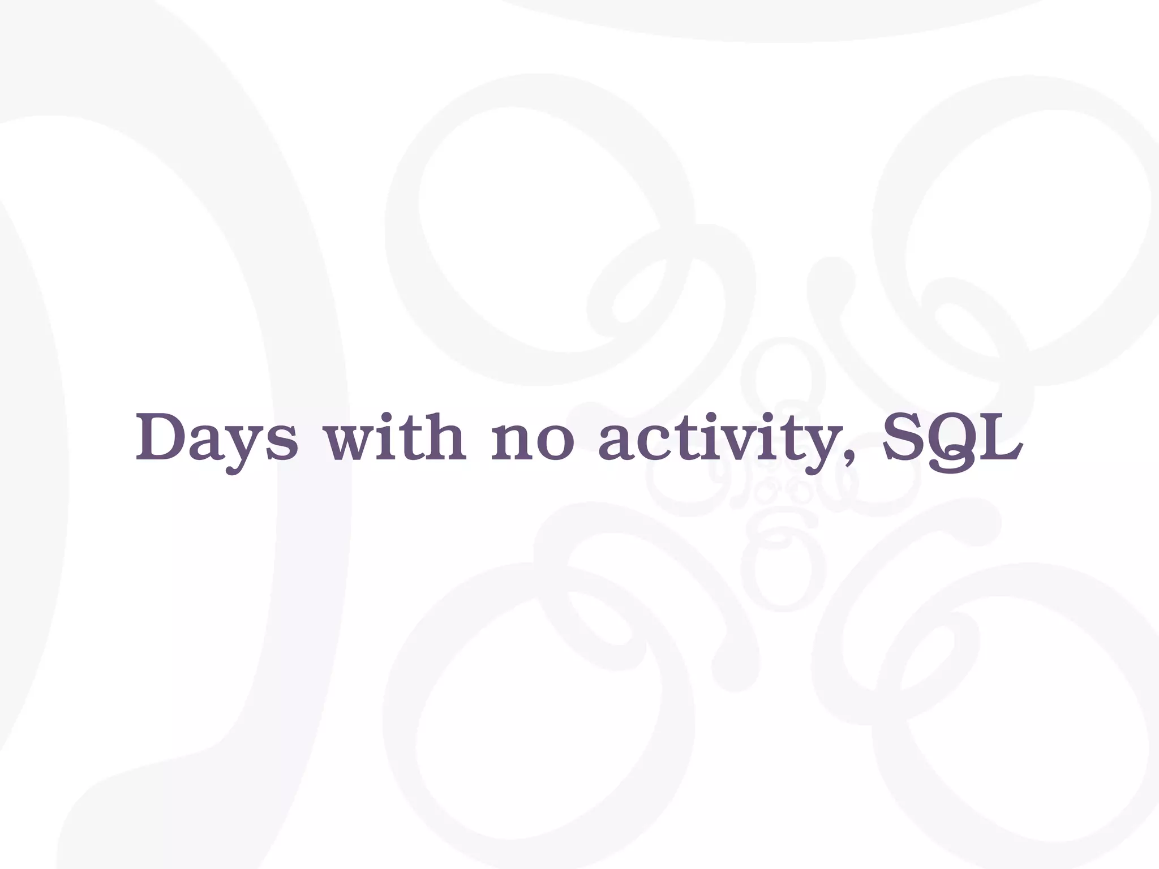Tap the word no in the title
tap(533, 444)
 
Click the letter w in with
tap(349, 444)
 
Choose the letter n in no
tap(513, 444)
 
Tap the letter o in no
tap(554, 444)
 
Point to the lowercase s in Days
tap(280, 444)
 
